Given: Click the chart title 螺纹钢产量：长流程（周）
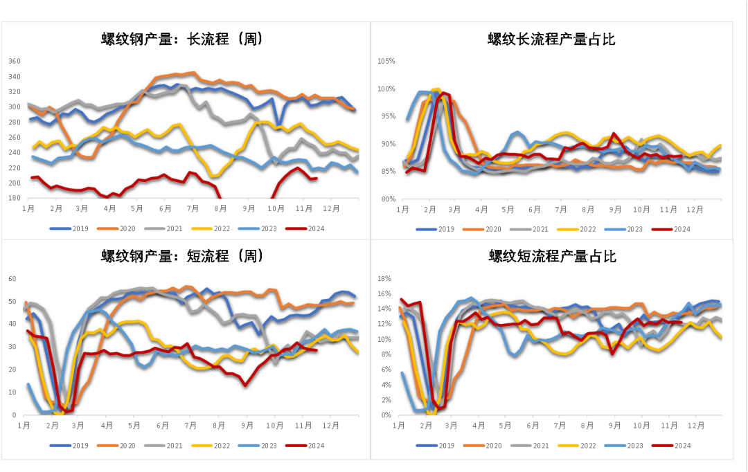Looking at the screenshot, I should point(182,39).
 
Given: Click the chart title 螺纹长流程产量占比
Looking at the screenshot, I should point(551,39).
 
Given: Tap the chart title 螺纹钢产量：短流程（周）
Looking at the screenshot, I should point(182,256).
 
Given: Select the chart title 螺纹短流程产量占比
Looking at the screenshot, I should point(552,257).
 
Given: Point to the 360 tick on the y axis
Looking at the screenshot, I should point(15,61).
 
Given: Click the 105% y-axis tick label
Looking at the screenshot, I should point(386,61).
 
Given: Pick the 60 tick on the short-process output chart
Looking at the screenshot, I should point(12,278).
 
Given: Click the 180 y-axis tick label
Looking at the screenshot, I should point(15,199).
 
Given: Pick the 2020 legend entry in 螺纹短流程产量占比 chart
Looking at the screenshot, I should point(493,446).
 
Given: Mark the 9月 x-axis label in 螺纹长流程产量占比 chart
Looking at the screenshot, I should point(614,209).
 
